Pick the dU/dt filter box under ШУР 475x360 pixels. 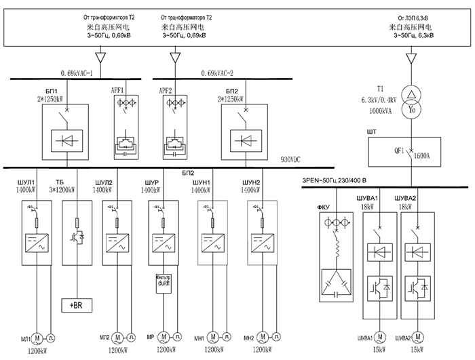tap(164, 281)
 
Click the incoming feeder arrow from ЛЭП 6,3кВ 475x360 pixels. tap(410, 58)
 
